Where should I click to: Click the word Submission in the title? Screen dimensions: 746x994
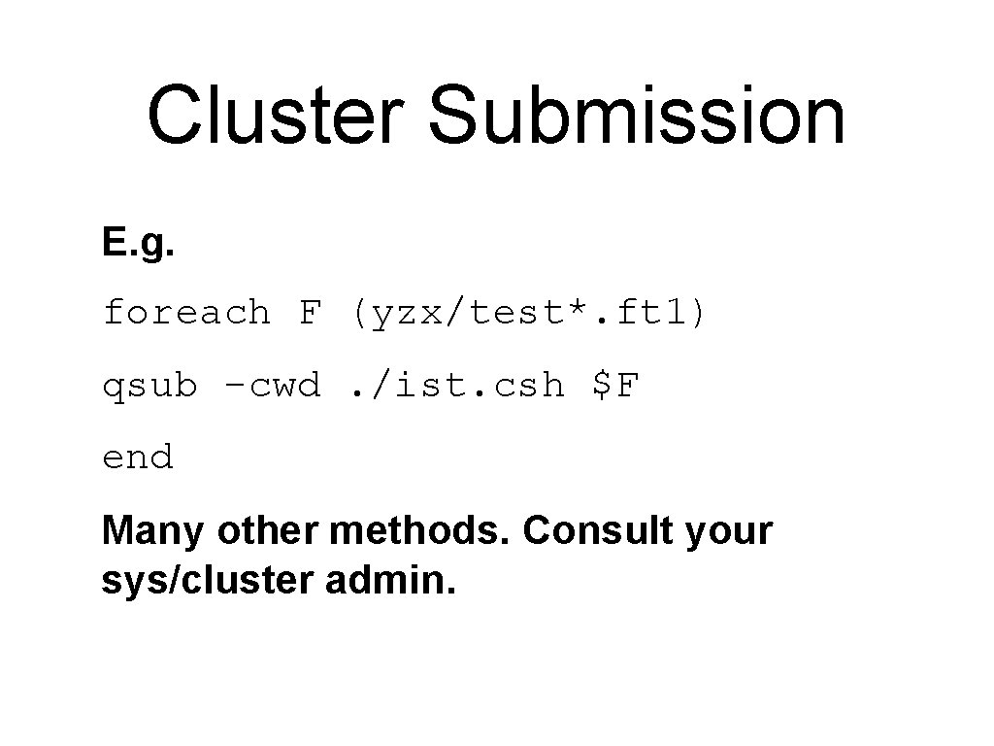636,116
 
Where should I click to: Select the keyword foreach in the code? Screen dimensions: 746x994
186,313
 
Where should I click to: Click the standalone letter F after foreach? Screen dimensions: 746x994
310,313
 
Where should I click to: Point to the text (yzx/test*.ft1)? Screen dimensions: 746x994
531,313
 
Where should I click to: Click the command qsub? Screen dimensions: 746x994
150,387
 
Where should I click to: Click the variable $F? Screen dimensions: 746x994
615,386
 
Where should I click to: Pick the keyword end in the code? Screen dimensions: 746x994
138,458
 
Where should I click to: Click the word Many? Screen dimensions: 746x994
153,532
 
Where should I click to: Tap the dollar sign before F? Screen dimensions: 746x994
602,386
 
